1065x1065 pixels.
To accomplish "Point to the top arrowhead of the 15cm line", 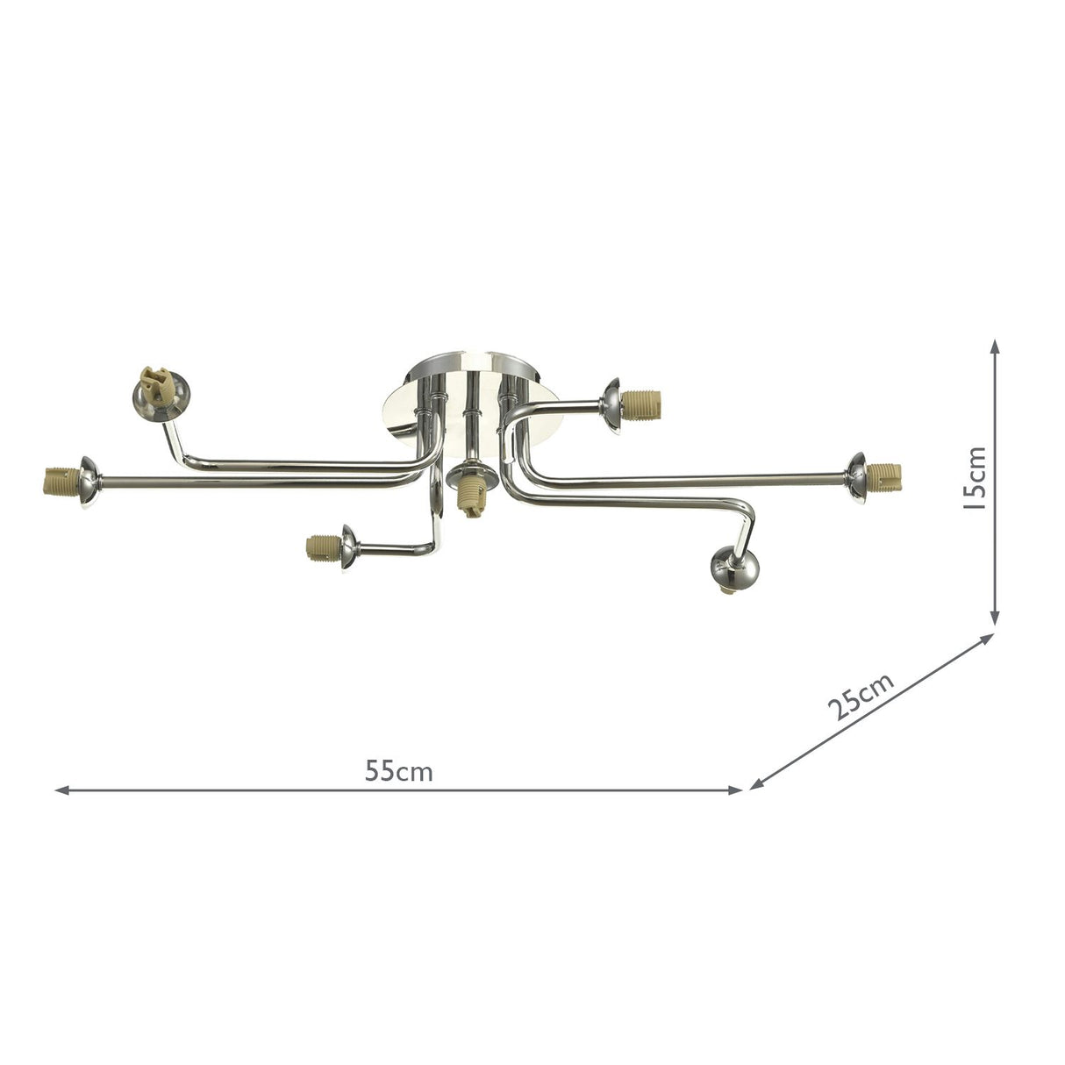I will point(995,347).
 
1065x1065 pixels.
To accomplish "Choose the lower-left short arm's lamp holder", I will point(320,549).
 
